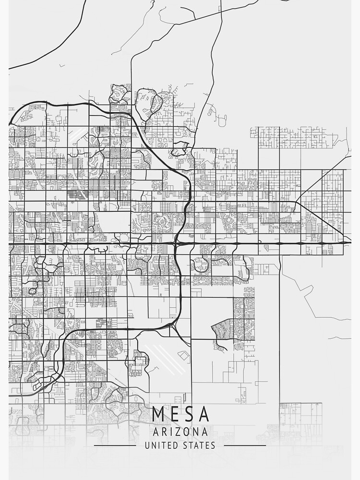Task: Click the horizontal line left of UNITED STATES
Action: coord(115,445)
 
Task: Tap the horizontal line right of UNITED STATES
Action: coord(245,445)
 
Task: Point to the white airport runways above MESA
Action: coord(163,358)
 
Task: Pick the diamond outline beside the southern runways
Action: coord(183,354)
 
